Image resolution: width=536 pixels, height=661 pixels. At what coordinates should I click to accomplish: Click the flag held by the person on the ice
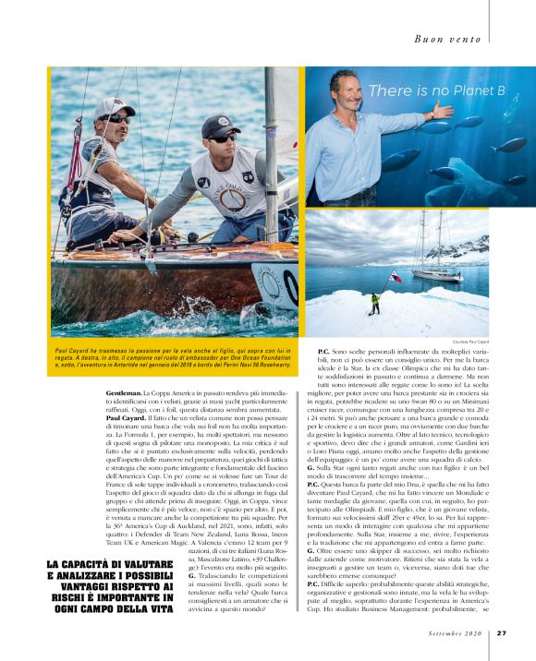tap(395, 277)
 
